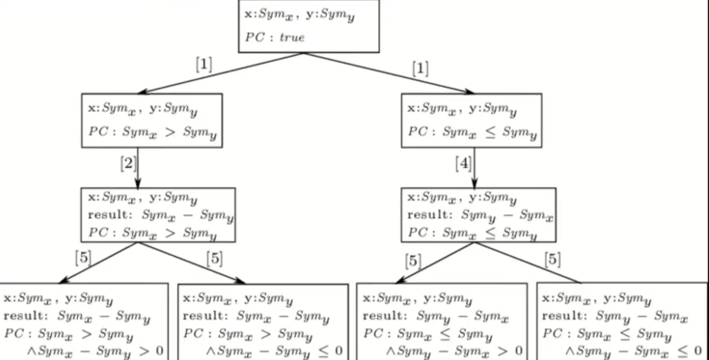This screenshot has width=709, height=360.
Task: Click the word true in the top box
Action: click(292, 37)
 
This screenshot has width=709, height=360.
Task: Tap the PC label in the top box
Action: click(255, 37)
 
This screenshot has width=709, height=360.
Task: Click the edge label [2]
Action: click(128, 163)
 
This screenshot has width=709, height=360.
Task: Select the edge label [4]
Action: click(463, 163)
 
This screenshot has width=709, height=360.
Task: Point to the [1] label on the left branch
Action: click(204, 64)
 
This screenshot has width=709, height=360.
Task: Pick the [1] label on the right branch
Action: click(420, 69)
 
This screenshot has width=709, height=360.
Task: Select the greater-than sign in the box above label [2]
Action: click(170, 132)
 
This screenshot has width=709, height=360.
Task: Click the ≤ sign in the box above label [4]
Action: click(490, 132)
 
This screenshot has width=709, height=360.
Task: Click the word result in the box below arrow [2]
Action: click(108, 215)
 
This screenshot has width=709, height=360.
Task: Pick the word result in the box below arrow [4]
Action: click(428, 215)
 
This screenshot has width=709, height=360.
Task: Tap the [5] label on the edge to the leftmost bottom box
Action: click(83, 258)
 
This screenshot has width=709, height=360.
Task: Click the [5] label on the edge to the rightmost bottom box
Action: click(553, 259)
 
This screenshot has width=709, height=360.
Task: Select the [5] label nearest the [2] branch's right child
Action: click(215, 258)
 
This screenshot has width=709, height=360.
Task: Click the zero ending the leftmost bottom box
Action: click(159, 350)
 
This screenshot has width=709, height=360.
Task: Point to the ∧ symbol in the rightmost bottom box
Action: click(570, 350)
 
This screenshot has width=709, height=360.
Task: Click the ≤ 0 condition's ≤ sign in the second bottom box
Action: click(323, 350)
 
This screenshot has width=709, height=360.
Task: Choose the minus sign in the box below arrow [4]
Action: click(508, 215)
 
